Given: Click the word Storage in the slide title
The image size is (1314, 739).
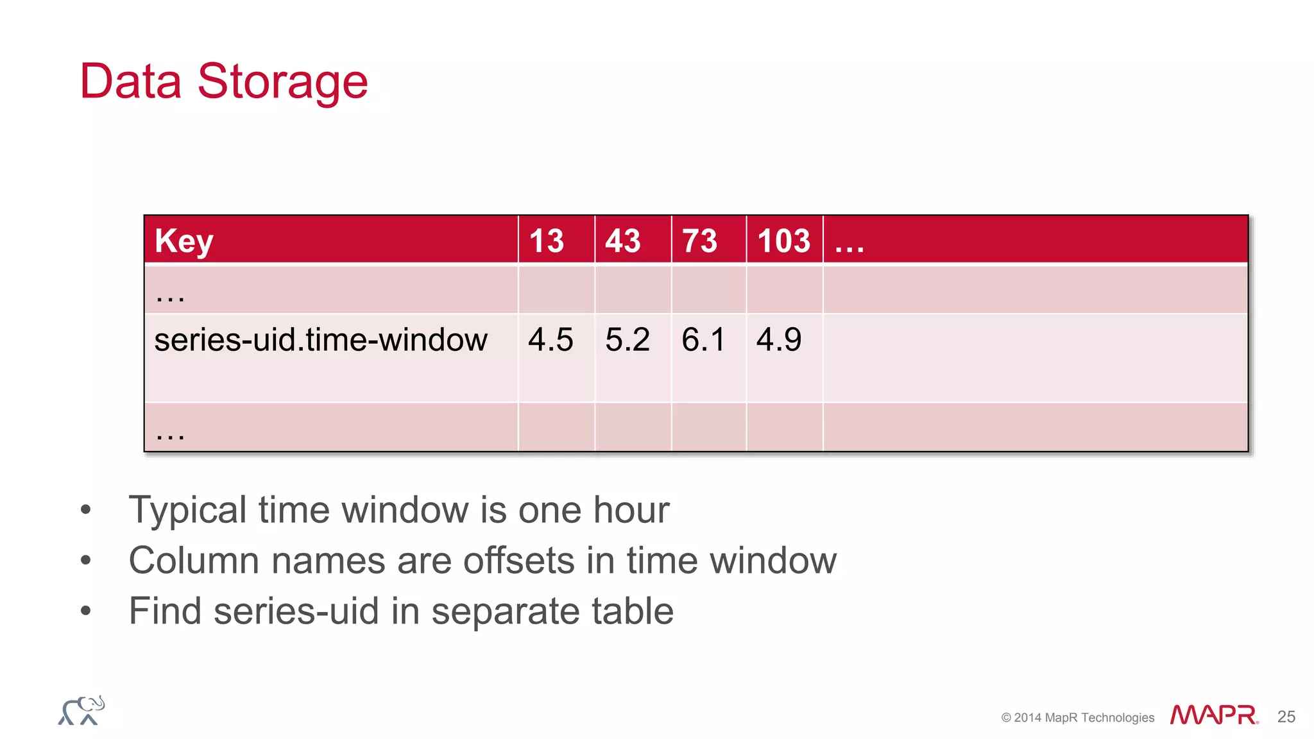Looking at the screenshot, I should [x=282, y=82].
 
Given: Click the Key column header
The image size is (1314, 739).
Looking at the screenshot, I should [x=183, y=241].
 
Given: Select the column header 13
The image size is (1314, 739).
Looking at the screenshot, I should [x=546, y=241].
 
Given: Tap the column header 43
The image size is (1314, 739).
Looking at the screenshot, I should [x=622, y=241].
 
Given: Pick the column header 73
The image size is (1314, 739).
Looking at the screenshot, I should [x=699, y=241].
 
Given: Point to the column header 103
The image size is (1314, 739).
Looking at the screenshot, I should [x=783, y=241].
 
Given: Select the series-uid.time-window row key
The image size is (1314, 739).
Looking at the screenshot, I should [x=321, y=339].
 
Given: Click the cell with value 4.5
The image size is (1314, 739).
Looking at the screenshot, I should [x=550, y=339].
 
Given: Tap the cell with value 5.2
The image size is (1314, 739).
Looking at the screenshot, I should [x=627, y=339].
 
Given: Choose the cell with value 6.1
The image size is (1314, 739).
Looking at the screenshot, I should [x=703, y=339].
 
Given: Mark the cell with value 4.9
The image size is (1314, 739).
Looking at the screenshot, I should [x=779, y=339].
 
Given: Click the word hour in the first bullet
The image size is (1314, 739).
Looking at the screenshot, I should [x=631, y=510].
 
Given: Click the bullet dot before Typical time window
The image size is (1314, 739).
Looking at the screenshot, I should [x=86, y=511].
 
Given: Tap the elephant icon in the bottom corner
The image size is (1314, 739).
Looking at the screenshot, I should [x=81, y=711].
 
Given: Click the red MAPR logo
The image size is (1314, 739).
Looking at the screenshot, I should [x=1213, y=715].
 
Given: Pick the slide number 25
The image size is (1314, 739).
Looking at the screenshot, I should [x=1286, y=717].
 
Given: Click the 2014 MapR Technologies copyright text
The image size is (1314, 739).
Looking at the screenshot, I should [x=1077, y=718].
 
